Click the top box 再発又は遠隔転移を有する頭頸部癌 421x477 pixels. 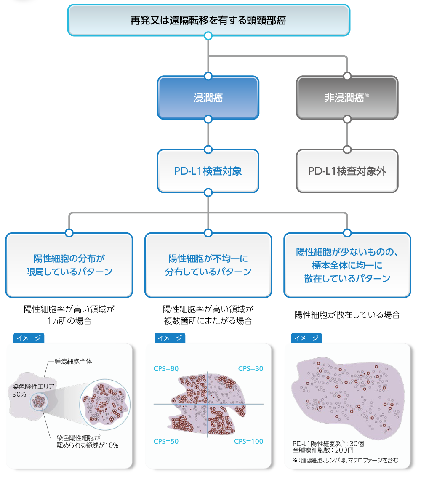(x=208, y=20)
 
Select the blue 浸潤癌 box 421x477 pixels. (x=208, y=98)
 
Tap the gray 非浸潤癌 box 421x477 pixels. (x=347, y=98)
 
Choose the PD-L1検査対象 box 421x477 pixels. (x=208, y=171)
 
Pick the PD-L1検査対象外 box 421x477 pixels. (x=347, y=171)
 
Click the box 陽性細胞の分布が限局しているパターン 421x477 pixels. (x=69, y=265)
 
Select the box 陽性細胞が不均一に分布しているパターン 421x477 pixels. (x=208, y=265)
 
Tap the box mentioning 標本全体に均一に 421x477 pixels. (x=347, y=265)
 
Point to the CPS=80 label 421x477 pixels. (x=166, y=369)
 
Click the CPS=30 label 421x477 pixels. (x=250, y=369)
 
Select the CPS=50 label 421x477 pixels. (x=166, y=441)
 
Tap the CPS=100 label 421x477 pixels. (x=248, y=441)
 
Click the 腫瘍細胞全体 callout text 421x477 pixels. (x=73, y=361)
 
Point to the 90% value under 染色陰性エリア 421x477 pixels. (x=19, y=394)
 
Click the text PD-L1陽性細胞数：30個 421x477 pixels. (x=328, y=443)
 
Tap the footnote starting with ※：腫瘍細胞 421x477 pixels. (x=345, y=460)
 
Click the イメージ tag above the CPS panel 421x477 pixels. (x=170, y=338)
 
